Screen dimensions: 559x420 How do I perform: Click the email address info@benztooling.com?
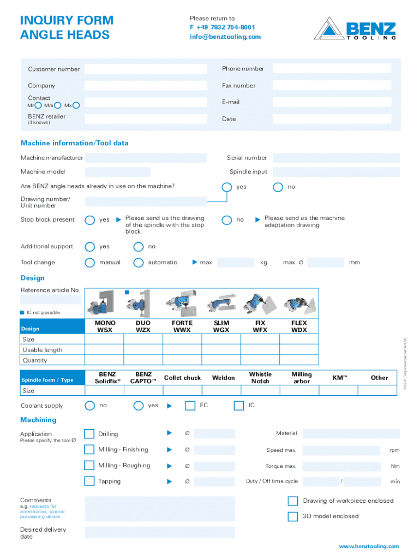point(225,37)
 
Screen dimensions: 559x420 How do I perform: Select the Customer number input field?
point(146,69)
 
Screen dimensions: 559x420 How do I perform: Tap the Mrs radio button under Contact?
point(58,105)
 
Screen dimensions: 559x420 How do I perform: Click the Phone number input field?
point(332,68)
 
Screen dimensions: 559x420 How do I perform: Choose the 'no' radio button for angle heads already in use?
point(278,187)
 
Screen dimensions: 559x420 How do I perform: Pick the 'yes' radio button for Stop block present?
point(90,220)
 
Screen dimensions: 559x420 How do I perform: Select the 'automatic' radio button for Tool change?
point(139,263)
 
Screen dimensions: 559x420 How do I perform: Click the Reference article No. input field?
point(50,299)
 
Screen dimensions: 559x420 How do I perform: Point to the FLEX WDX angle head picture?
point(299,302)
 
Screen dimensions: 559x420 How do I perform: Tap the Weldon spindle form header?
point(223,378)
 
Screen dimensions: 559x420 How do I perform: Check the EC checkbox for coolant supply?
point(190,406)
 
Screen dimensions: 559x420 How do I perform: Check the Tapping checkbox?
point(89,481)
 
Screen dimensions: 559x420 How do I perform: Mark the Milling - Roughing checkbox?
point(89,465)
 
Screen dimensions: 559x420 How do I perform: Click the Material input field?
point(351,433)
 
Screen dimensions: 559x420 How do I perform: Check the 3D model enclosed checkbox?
point(292,516)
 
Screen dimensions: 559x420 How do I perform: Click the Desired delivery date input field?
point(160,532)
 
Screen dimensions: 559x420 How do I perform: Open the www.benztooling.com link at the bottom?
point(369,546)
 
